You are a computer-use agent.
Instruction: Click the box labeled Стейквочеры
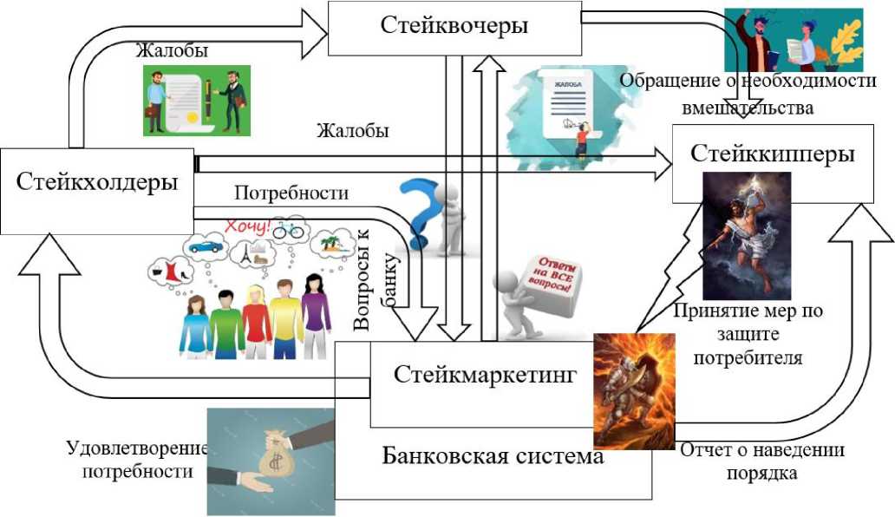point(454,26)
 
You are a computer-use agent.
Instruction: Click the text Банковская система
point(493,455)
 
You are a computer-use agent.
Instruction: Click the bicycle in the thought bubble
point(288,231)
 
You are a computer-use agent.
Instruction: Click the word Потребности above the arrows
point(291,193)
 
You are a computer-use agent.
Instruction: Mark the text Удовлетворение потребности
point(138,460)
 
